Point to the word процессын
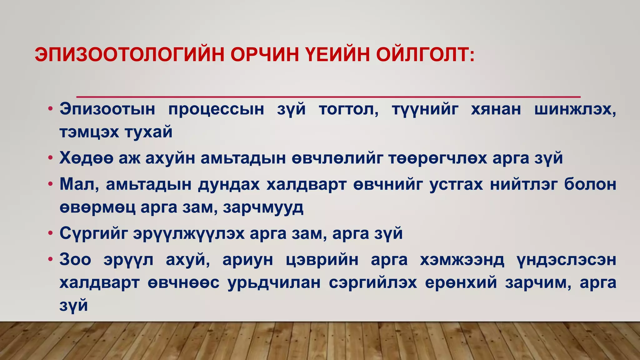coord(216,110)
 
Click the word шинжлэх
coord(575,110)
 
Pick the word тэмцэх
coord(89,132)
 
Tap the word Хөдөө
coord(86,158)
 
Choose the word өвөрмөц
coord(97,207)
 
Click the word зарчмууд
coord(263,207)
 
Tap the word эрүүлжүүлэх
coord(189,233)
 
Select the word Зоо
coord(75,260)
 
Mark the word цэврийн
coord(322,260)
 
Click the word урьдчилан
coord(274,283)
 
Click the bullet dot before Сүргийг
coord(50,234)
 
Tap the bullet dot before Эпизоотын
coord(50,110)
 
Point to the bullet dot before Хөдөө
coord(50,158)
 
